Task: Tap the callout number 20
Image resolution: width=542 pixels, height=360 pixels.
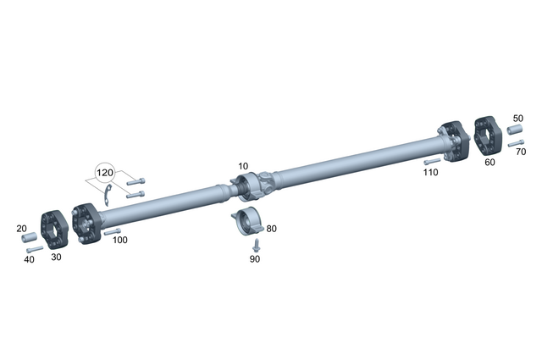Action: [x=23, y=229]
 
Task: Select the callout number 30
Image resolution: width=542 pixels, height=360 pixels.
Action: [x=57, y=257]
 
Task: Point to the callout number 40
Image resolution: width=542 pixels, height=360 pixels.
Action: [x=30, y=259]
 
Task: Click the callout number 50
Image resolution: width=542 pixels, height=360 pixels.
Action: [x=517, y=119]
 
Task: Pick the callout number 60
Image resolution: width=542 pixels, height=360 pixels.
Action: [x=489, y=162]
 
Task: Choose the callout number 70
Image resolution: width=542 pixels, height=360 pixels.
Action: [x=520, y=152]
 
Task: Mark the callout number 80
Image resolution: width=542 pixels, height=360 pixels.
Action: [x=271, y=229]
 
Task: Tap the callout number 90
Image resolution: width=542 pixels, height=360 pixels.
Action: [x=255, y=258]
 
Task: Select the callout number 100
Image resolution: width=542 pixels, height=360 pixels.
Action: [x=120, y=241]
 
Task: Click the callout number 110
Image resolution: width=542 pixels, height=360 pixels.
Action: [x=430, y=172]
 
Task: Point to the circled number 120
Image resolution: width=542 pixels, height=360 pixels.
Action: [x=104, y=173]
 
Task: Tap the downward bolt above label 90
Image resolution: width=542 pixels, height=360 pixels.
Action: [x=256, y=244]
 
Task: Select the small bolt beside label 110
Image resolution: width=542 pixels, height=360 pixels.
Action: [x=432, y=160]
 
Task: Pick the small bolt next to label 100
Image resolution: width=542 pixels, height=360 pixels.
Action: [x=112, y=230]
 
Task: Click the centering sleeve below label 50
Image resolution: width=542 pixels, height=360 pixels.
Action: [x=514, y=130]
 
